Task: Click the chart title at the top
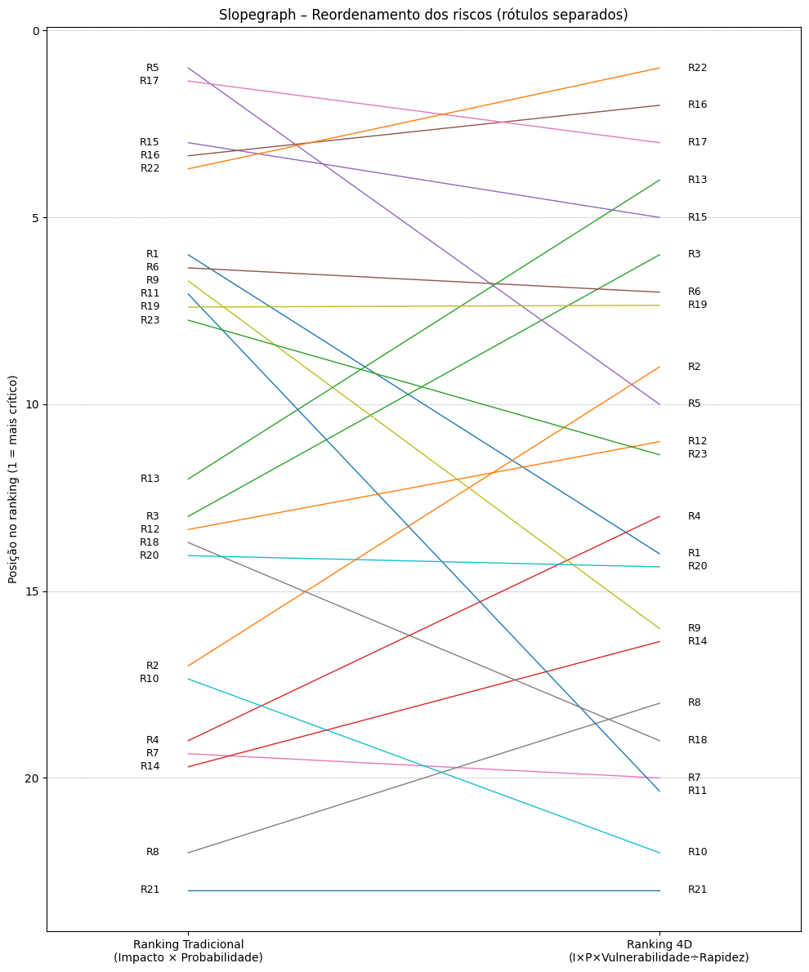pyautogui.click(x=423, y=16)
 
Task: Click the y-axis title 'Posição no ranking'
pyautogui.click(x=13, y=479)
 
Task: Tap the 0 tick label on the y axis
pyautogui.click(x=36, y=31)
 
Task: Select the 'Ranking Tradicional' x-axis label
pyautogui.click(x=188, y=951)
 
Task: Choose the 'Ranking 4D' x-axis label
pyautogui.click(x=659, y=951)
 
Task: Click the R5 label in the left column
pyautogui.click(x=153, y=69)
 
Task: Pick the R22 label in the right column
pyautogui.click(x=697, y=68)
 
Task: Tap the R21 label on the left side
pyautogui.click(x=150, y=890)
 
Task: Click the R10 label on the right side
pyautogui.click(x=697, y=852)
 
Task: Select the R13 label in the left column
pyautogui.click(x=150, y=479)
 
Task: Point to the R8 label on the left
pyautogui.click(x=153, y=852)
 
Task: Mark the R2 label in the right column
pyautogui.click(x=694, y=367)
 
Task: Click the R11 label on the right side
pyautogui.click(x=697, y=791)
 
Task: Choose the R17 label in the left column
pyautogui.click(x=150, y=81)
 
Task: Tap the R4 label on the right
pyautogui.click(x=694, y=516)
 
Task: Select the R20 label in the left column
pyautogui.click(x=150, y=555)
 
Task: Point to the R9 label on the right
pyautogui.click(x=694, y=628)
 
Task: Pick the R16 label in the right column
pyautogui.click(x=697, y=105)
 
